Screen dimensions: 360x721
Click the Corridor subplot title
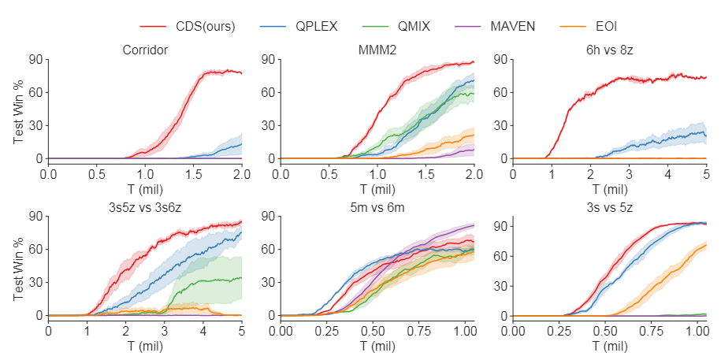[145, 51]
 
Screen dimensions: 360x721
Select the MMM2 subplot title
[377, 51]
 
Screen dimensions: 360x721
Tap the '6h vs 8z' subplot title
[609, 51]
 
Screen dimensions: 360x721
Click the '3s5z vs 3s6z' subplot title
[145, 208]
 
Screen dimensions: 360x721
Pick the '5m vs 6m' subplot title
[377, 208]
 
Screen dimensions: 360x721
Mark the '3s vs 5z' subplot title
[609, 208]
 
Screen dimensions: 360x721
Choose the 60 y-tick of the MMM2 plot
[269, 92]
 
